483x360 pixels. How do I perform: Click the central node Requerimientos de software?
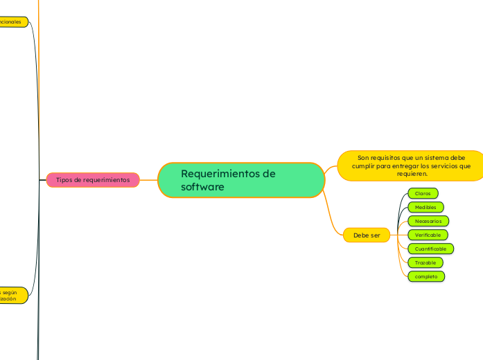point(241,180)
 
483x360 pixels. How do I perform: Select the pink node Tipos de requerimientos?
point(93,180)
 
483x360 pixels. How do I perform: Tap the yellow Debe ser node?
point(367,235)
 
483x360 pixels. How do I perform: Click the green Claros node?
point(423,193)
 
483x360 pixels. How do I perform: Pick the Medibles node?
point(425,207)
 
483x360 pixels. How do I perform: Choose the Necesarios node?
point(428,221)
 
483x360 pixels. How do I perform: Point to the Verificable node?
point(428,235)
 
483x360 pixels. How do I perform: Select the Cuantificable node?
point(431,249)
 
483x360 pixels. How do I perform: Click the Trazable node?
point(425,262)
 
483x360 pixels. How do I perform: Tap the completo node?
point(426,276)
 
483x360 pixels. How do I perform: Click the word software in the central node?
point(202,187)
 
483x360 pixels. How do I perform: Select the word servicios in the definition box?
point(444,166)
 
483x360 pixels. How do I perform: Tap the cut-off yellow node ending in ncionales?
point(12,21)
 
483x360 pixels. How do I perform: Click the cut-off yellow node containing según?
point(12,295)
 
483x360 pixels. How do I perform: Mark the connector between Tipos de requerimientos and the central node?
point(149,180)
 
